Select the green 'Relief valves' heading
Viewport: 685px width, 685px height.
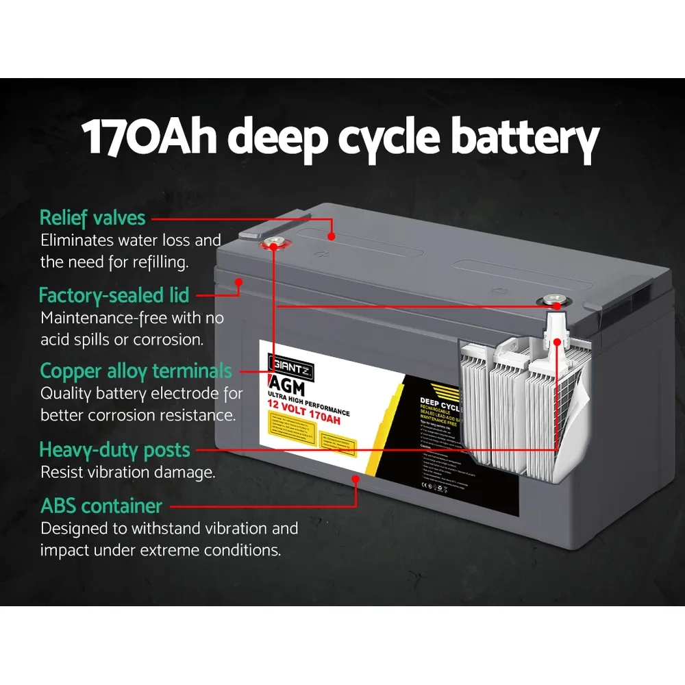coord(92,218)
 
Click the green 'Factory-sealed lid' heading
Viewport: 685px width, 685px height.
coord(114,295)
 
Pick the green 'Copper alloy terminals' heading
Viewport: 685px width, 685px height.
coord(136,371)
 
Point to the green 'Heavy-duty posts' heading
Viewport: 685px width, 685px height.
coord(114,450)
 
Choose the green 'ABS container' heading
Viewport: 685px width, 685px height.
coord(101,506)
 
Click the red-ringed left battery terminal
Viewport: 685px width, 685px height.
coord(273,243)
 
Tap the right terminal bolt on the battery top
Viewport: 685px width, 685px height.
coord(552,300)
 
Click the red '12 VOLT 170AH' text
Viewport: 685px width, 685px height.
coord(305,417)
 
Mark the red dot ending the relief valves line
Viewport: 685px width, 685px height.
coord(332,236)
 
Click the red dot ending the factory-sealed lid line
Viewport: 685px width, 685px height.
coord(239,282)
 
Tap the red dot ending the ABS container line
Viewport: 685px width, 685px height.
coord(356,480)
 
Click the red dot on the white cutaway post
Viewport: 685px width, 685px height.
coord(557,341)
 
